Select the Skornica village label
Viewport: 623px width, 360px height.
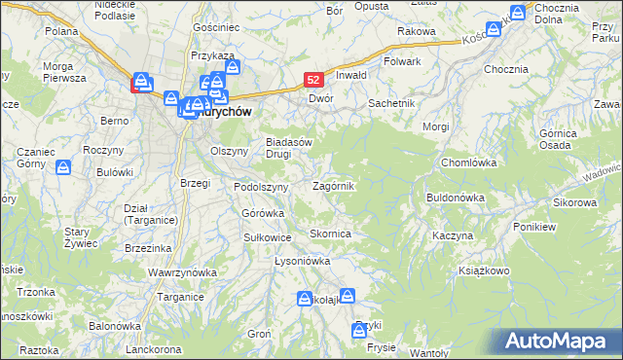pos(330,234)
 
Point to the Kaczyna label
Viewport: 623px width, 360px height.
pos(453,236)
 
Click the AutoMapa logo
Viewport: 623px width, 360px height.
pos(559,341)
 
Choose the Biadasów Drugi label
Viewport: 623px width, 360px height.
pos(289,147)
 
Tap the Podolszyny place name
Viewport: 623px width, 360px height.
pos(261,187)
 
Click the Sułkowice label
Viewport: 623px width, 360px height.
pos(268,236)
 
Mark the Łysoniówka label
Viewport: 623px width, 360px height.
pos(303,262)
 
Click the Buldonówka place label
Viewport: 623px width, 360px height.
pos(456,198)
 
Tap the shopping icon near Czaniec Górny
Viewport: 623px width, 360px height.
pos(63,168)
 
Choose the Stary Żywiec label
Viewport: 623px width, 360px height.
pos(76,237)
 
